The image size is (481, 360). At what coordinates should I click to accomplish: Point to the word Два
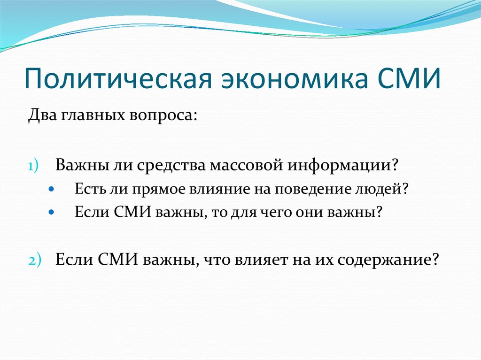click(x=42, y=115)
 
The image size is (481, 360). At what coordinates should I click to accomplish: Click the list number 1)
click(x=33, y=166)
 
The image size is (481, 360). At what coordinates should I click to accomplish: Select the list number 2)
click(x=34, y=260)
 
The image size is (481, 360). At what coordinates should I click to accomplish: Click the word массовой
click(x=246, y=165)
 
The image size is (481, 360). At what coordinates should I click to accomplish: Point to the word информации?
click(x=342, y=166)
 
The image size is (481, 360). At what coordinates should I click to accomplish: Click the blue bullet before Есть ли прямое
click(x=52, y=189)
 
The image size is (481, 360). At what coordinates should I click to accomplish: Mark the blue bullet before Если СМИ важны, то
click(x=52, y=212)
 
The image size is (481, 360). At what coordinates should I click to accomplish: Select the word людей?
click(x=381, y=189)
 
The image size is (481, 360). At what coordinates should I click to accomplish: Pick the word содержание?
click(x=388, y=261)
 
